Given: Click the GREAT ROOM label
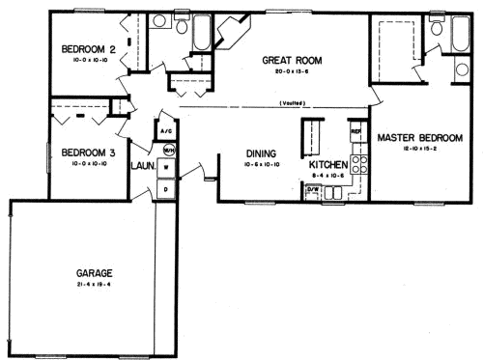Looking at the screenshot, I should point(292,60).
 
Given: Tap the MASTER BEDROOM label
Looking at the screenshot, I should point(419,138).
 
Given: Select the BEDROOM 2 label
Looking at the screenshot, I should point(88,49).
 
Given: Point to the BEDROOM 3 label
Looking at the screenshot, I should point(88,152).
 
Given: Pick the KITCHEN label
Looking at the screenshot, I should point(327,165).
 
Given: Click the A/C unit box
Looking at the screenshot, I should point(165,132).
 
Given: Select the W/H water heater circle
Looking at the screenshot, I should point(168,150).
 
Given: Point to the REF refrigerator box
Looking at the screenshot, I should point(355,129).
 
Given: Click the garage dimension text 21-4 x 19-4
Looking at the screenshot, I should point(96,286).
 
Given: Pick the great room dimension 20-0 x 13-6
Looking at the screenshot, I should point(292,70).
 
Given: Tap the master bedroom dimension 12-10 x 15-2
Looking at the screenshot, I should point(419,150).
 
